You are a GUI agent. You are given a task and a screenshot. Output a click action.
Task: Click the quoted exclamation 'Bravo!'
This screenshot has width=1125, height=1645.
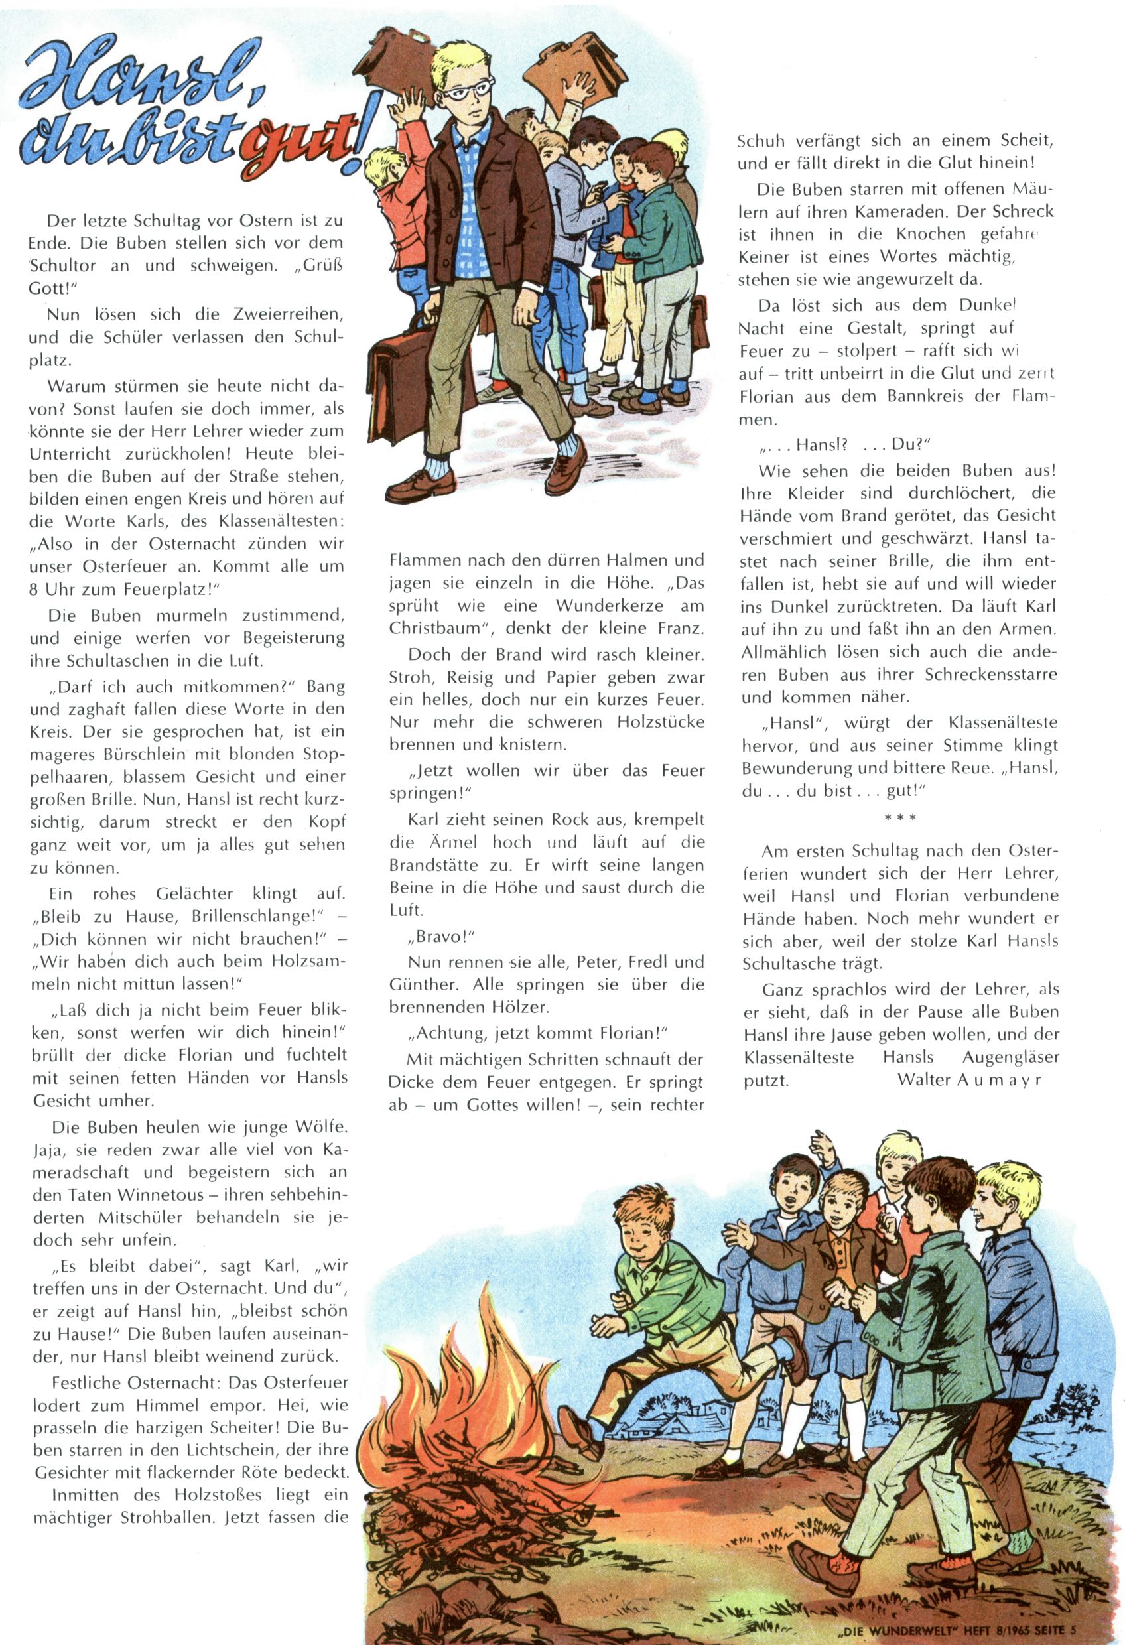click(441, 937)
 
